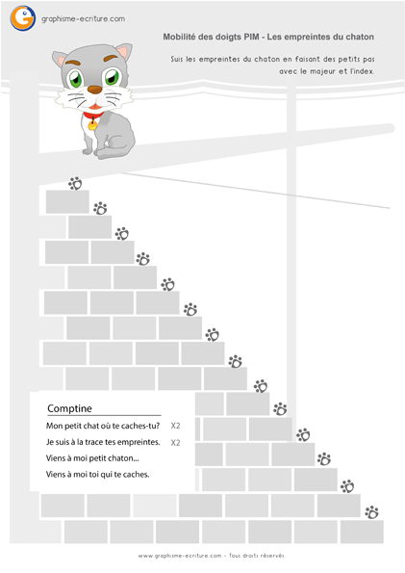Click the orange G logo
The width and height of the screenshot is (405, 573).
point(23,18)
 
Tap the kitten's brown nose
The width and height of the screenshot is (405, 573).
point(95,90)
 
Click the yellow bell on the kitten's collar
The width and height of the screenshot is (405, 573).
point(92,125)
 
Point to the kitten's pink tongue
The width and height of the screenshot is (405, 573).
point(95,107)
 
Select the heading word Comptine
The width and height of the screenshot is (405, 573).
point(70,408)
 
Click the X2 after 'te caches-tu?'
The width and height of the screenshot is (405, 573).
point(176,426)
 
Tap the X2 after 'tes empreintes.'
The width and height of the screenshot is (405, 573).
point(176,442)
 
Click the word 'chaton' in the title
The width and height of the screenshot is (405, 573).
point(360,37)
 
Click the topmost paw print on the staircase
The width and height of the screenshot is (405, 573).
point(75,183)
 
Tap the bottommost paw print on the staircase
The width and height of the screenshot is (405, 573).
point(371,512)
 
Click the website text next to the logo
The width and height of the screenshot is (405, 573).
point(84,19)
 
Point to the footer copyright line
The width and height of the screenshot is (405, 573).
point(212,556)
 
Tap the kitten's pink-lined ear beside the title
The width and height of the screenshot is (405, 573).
point(124,52)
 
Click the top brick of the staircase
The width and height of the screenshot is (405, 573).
point(67,201)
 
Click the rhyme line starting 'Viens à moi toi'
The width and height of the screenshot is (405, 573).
point(97,475)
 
